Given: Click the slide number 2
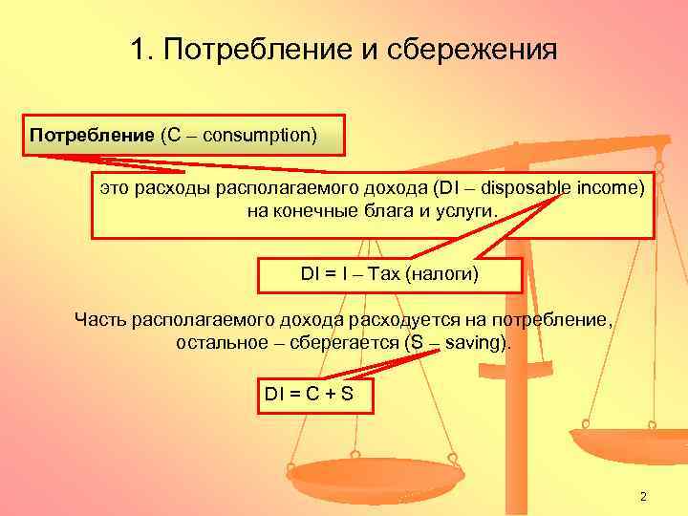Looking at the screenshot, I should point(643,496).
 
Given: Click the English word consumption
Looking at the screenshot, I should point(256,134).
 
